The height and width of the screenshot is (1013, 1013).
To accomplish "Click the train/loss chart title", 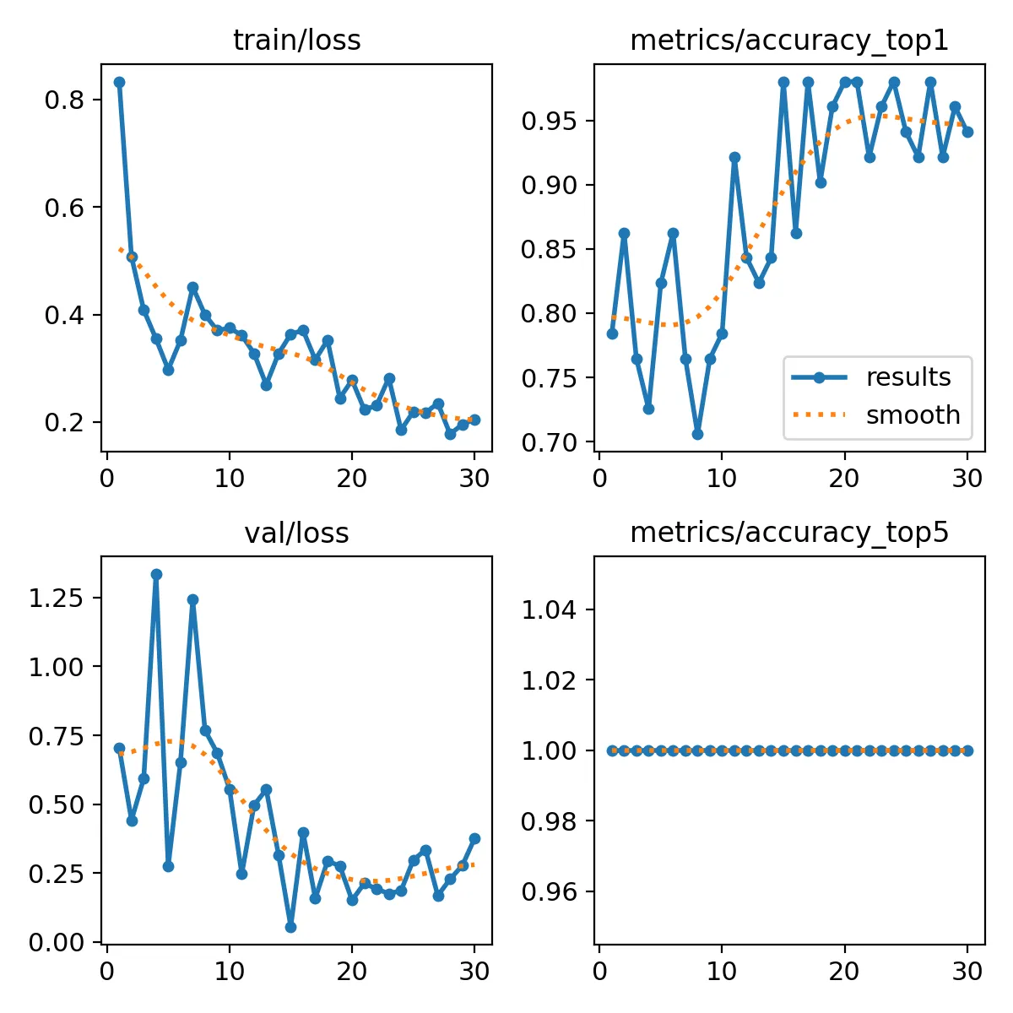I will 296,41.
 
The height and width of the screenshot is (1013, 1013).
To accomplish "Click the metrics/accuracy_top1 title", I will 789,41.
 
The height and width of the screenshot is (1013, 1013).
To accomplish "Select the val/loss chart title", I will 296,534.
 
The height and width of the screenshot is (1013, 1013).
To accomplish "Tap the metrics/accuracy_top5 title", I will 789,534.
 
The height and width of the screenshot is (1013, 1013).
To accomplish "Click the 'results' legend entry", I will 908,377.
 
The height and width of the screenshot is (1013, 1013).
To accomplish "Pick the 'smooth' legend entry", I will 913,415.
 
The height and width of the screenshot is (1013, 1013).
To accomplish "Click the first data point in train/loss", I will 119,82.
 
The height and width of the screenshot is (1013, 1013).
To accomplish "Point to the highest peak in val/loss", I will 156,574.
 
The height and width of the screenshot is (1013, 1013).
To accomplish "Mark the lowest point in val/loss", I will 290,927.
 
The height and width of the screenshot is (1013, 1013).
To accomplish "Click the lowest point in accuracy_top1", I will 697,434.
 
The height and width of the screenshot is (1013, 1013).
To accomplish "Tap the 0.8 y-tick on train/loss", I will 64,100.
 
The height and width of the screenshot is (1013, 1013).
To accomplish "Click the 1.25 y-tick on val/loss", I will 56,599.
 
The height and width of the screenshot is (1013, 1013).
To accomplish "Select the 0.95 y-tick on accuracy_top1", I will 550,122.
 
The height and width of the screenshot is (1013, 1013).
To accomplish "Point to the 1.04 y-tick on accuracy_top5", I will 550,610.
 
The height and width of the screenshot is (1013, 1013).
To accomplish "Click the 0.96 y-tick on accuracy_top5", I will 550,892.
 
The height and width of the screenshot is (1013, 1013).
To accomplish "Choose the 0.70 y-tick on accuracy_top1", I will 550,442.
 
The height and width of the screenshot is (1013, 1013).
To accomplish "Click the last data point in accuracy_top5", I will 967,750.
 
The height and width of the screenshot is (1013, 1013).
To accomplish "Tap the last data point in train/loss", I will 474,420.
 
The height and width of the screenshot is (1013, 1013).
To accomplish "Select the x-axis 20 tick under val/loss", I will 351,971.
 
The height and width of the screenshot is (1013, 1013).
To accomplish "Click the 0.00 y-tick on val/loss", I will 56,942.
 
